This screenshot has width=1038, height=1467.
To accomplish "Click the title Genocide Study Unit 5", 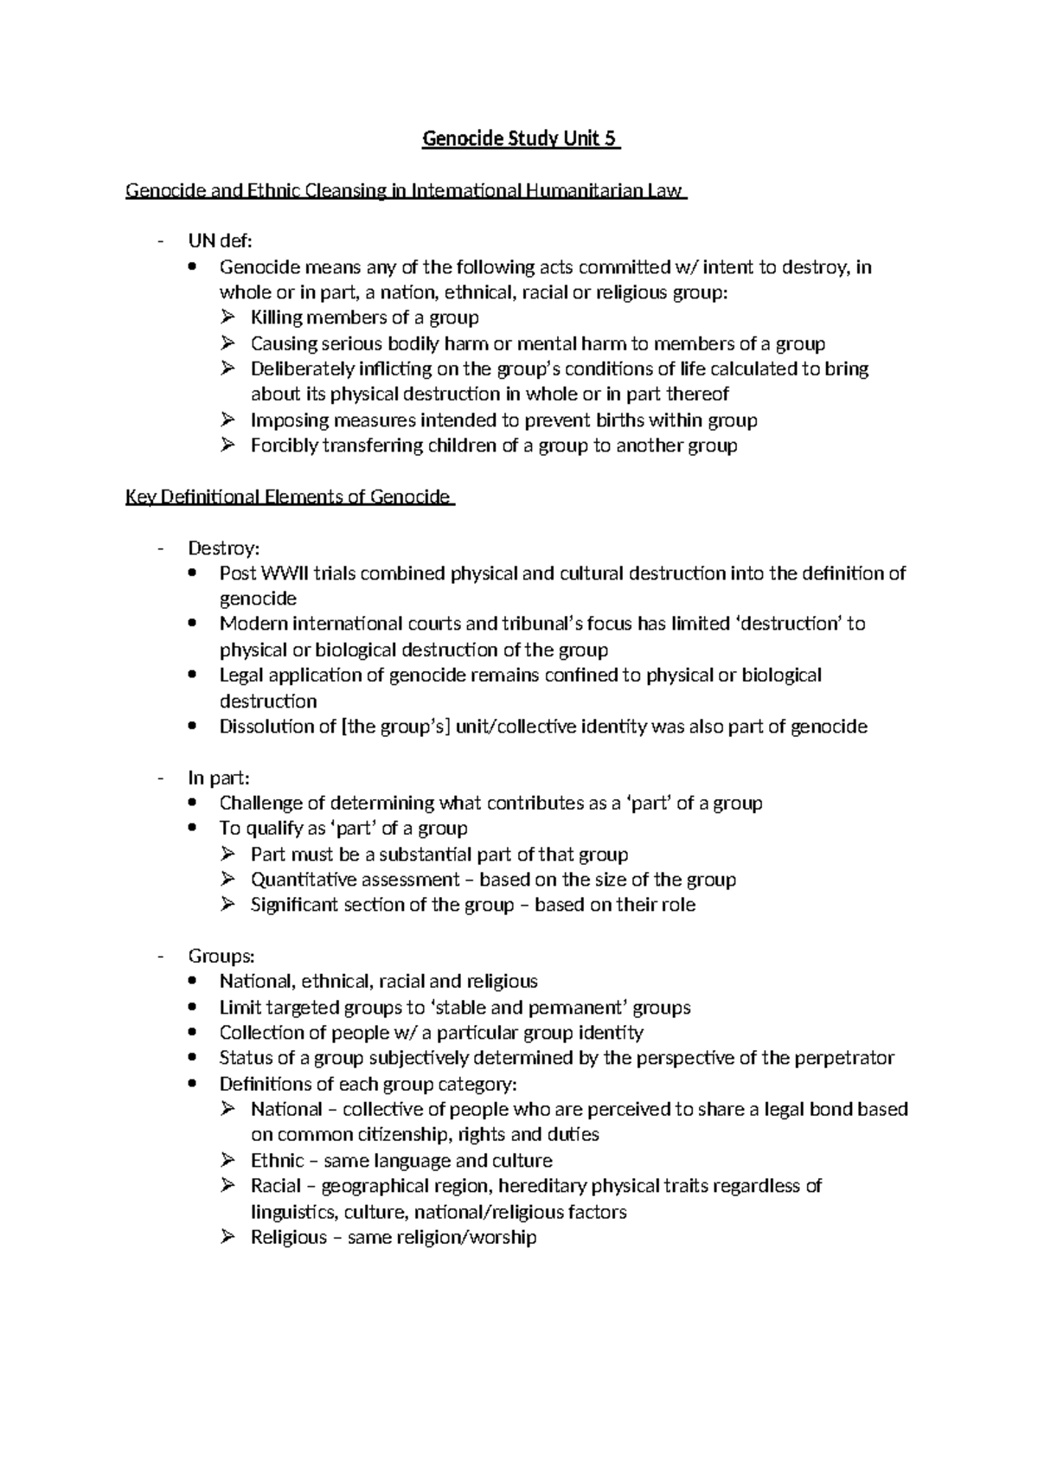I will tap(521, 139).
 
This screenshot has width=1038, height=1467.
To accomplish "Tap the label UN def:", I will tap(220, 241).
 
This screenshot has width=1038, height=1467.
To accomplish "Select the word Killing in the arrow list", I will tap(276, 317).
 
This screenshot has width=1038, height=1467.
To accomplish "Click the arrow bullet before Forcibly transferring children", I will tap(228, 445).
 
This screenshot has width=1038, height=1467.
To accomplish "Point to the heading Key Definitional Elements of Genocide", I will tap(288, 496).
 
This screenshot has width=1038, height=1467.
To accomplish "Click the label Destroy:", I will tap(223, 548).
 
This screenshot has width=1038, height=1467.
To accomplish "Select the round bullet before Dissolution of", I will tap(196, 727).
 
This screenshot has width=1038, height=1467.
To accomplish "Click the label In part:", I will tap(219, 778).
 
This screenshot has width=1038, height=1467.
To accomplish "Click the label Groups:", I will tap(221, 956).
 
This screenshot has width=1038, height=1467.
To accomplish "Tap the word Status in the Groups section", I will tap(246, 1058).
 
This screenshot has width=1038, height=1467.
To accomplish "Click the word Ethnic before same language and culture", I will tap(277, 1160).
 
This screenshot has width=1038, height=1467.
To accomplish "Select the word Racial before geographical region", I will tap(276, 1186).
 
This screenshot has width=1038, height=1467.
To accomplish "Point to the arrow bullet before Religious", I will tap(228, 1237).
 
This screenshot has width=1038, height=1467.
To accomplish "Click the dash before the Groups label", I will tap(161, 956).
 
